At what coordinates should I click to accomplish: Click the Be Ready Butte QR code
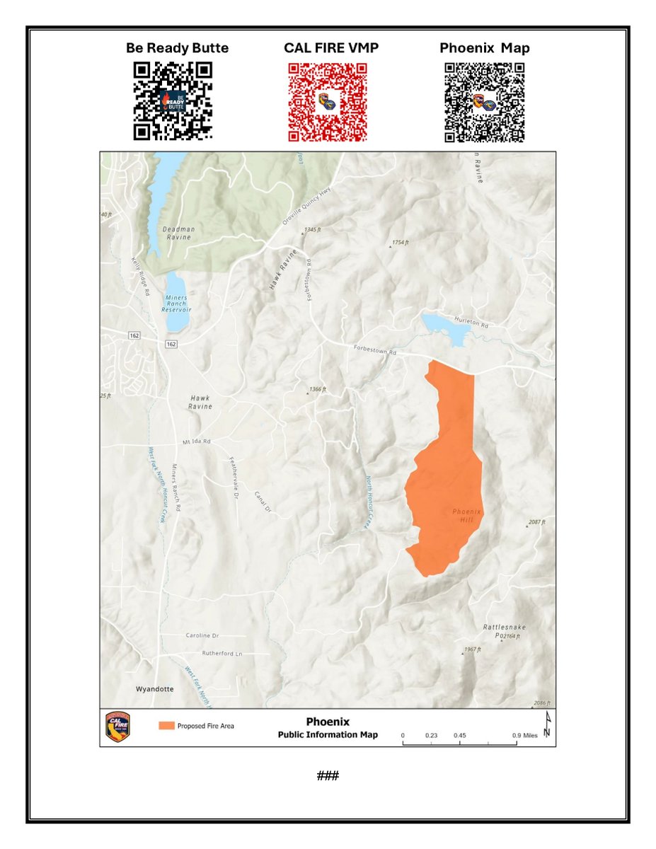click(173, 100)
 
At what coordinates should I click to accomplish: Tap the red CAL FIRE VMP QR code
click(328, 102)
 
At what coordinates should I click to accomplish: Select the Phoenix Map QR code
click(484, 102)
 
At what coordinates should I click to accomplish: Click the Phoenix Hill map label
click(466, 516)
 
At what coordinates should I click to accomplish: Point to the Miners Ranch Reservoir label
click(175, 303)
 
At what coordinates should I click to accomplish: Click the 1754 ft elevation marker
click(400, 243)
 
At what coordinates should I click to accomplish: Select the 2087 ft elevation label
click(537, 523)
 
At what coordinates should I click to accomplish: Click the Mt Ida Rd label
click(196, 441)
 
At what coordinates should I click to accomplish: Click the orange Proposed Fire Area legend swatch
click(166, 726)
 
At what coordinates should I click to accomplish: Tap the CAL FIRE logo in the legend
click(117, 727)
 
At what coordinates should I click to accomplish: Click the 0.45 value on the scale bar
click(460, 736)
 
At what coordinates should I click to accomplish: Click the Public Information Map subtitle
click(328, 734)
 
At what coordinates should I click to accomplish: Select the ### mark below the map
click(328, 775)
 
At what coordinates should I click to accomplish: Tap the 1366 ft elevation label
click(318, 390)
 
